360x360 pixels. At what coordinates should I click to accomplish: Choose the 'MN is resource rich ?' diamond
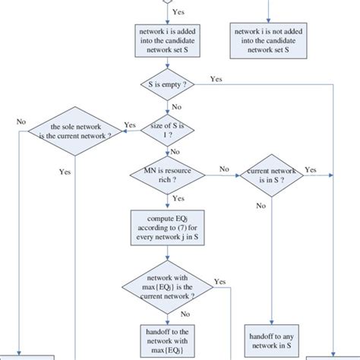point(167,176)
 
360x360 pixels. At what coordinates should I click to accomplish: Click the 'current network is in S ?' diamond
point(271,176)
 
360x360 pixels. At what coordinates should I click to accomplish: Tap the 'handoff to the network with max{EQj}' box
point(167,339)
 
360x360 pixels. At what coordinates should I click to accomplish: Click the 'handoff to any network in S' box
point(271,339)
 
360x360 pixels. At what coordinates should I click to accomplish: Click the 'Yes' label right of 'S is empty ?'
point(216,78)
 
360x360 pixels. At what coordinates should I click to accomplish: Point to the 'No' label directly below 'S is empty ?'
point(176,107)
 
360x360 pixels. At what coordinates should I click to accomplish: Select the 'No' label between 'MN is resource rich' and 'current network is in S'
point(224,169)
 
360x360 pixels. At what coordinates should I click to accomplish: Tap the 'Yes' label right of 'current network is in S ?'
point(311,169)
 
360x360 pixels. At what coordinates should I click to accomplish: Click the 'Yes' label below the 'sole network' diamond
point(66,172)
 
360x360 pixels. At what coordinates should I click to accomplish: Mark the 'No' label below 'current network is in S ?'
point(261,205)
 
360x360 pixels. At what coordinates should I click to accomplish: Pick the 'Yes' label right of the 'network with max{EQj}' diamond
point(220,281)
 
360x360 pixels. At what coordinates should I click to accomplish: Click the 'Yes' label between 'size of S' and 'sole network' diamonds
point(130,125)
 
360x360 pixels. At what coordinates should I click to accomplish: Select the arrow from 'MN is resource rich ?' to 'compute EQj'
point(167,201)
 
